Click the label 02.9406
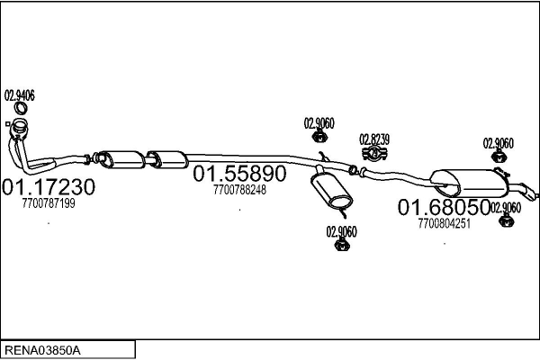pos(21,94)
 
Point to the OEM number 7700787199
pos(48,204)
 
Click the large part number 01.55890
pos(240,174)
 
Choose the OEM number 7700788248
pos(240,190)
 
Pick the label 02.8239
pos(374,139)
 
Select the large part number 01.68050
pos(445,208)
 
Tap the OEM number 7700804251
pos(445,224)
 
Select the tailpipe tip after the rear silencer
pos(533,194)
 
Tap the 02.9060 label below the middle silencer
pos(342,231)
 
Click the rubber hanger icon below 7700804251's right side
pos(504,220)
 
